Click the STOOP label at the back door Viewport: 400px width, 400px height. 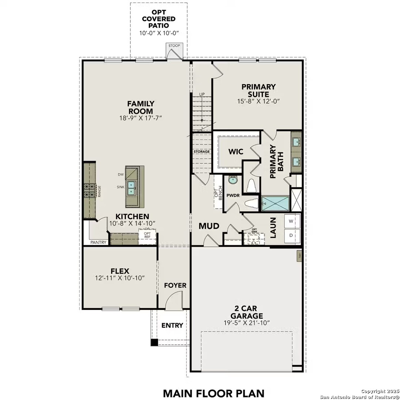coord(174,46)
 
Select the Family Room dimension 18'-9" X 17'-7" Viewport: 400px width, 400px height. coord(141,118)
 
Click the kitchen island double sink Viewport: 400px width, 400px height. coord(131,188)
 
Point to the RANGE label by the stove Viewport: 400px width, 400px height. coord(99,191)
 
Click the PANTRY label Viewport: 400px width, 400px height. coord(99,243)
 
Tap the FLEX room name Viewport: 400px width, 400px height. coord(120,271)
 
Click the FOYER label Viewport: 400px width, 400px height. coord(175,286)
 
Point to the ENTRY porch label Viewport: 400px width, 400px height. coord(172,325)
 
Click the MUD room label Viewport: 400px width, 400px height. coord(209,226)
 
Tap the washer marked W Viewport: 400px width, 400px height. coord(291,221)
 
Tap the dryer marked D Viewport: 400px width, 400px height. coord(291,235)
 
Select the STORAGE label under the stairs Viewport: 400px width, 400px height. coord(201,151)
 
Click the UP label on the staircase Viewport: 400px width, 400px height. coord(202,94)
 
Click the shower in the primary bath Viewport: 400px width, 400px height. coord(276,203)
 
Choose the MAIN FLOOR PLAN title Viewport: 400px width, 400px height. coord(214,393)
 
